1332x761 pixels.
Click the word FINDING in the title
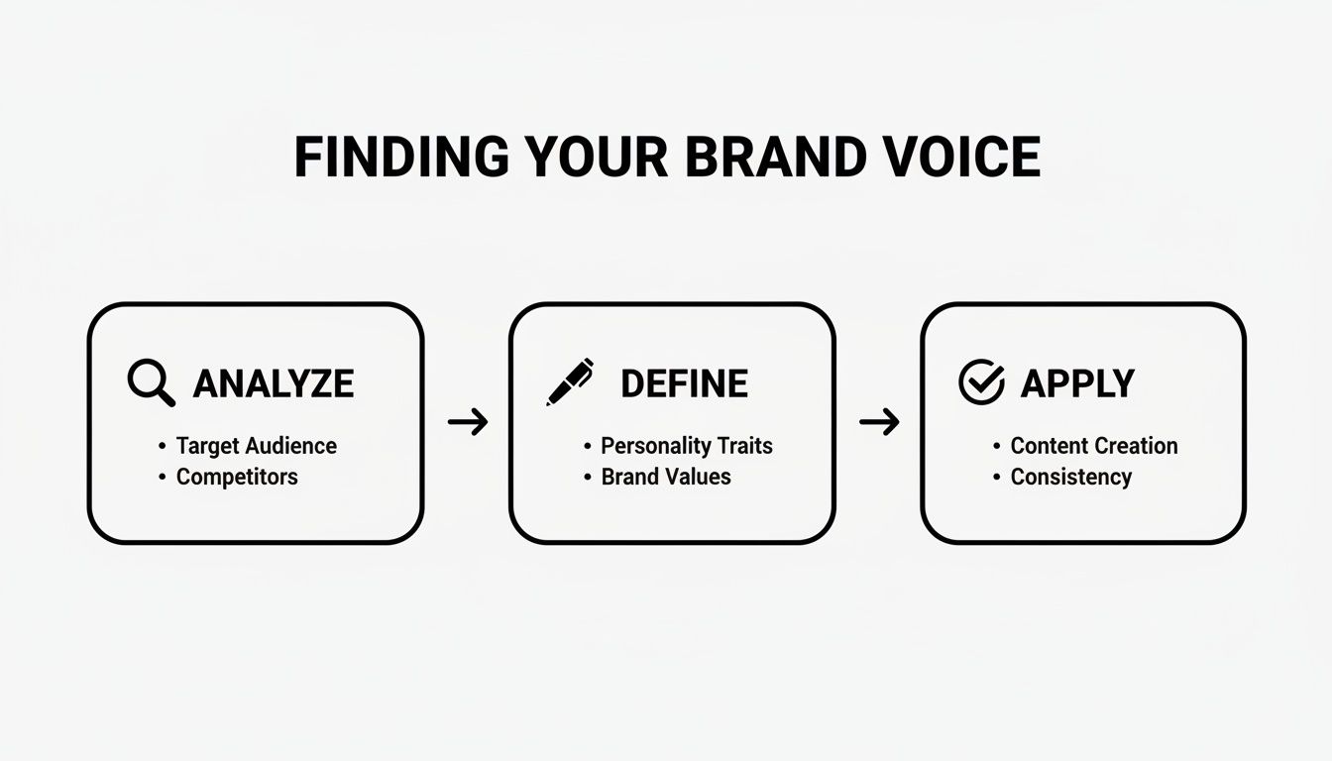(x=401, y=158)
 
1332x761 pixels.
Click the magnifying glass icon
(x=151, y=382)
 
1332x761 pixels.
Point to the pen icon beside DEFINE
(x=570, y=382)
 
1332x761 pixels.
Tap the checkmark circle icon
(x=981, y=382)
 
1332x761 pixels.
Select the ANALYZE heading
(x=273, y=383)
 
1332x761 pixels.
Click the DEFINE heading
(x=684, y=383)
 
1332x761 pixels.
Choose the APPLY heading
(x=1077, y=383)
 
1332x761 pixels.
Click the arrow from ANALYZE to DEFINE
(x=468, y=423)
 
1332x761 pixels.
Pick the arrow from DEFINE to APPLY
(x=879, y=423)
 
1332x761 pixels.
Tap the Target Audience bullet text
(x=257, y=446)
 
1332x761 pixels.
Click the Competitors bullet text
(x=237, y=477)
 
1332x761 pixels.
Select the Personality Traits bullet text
(x=687, y=446)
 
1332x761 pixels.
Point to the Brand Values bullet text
(x=666, y=477)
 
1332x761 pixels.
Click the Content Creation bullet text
(x=1094, y=446)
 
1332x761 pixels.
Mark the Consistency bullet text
(x=1070, y=477)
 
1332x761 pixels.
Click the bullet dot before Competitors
(x=163, y=478)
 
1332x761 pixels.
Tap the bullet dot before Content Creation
(x=997, y=447)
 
